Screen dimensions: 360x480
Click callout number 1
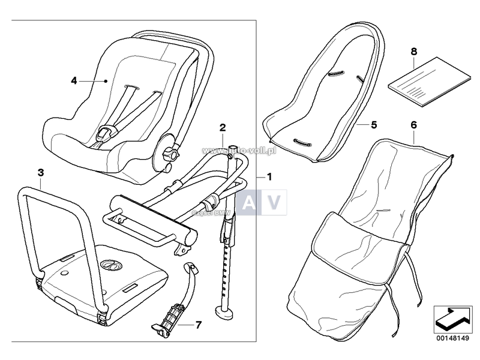tap(269, 177)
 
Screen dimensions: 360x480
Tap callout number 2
tap(223, 127)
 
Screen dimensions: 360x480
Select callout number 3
tap(40, 173)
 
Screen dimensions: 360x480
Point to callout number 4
tap(74, 80)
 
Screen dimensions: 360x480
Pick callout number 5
tap(373, 125)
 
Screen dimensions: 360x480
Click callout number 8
tap(413, 52)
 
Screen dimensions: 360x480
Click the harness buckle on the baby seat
tap(107, 131)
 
